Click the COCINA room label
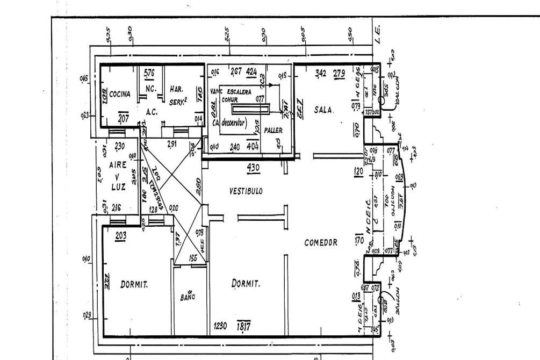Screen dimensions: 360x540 point(120,94)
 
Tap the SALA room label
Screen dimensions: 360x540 point(325,110)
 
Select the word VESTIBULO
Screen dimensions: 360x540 point(246,191)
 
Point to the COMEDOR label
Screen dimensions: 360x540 point(321,242)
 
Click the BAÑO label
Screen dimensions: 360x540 point(188,296)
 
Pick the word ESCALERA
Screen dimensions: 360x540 point(239,92)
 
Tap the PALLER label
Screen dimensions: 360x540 point(273,129)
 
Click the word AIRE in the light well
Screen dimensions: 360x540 point(118,164)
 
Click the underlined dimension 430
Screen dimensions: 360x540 point(253,168)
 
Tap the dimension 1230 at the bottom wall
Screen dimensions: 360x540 point(220,326)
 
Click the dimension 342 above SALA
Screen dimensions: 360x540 point(321,73)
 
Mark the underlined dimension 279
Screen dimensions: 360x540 point(339,73)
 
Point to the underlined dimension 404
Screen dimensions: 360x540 point(252,146)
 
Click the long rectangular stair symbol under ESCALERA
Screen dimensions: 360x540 point(249,109)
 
